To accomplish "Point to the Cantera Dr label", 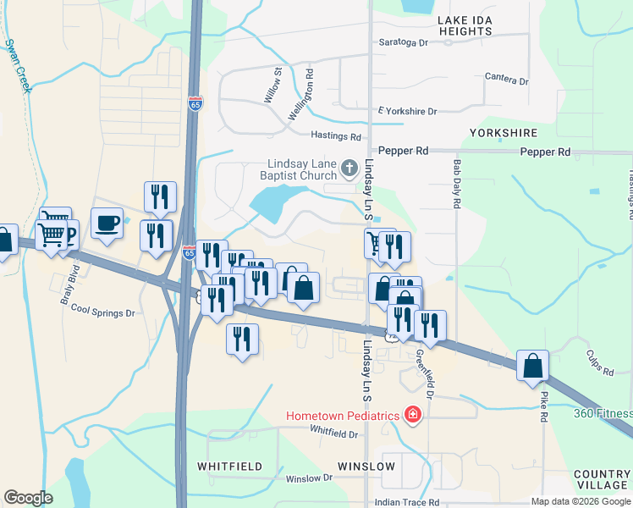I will point(506,80).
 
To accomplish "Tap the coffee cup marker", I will point(107,224).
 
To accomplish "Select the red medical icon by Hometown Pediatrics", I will point(412,415).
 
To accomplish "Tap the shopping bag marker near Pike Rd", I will point(532,366).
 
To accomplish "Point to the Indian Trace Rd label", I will point(410,502).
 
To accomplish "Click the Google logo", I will point(28,497).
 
